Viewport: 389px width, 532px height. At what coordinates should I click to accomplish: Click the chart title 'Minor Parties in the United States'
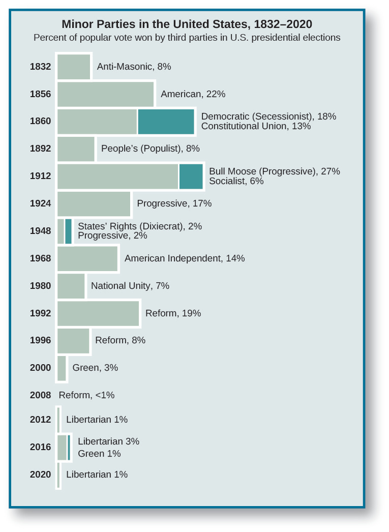pos(187,24)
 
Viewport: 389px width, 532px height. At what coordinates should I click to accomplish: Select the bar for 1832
pos(74,67)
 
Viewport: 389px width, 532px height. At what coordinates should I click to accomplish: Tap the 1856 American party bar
pos(105,94)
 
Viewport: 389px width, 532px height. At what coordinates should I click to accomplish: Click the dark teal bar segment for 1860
pos(166,122)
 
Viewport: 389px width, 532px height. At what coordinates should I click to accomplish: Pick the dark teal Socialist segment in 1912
pos(191,176)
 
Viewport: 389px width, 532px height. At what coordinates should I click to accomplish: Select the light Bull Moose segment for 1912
pos(117,176)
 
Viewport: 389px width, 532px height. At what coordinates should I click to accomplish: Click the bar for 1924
pos(94,204)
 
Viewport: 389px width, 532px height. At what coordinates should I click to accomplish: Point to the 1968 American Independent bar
pos(87,258)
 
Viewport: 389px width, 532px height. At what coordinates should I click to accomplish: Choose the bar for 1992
pos(98,313)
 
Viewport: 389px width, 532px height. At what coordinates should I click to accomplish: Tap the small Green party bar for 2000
pos(62,368)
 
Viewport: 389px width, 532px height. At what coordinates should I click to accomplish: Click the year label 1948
pos(40,231)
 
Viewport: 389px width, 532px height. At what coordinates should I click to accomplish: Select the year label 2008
pos(40,395)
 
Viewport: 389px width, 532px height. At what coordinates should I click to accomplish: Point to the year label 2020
pos(40,475)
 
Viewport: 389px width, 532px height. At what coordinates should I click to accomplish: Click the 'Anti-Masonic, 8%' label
pos(134,67)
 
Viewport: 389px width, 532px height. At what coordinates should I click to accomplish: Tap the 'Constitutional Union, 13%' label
pos(256,126)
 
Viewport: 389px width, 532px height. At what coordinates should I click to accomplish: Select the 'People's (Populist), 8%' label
pos(151,149)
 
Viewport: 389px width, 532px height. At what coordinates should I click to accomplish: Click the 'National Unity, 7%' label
pos(130,286)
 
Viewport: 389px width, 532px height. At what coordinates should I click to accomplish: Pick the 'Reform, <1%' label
pos(86,395)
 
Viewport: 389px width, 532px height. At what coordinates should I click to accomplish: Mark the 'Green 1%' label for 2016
pos(99,454)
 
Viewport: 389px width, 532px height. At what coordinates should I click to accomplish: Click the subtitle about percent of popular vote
pos(187,38)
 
